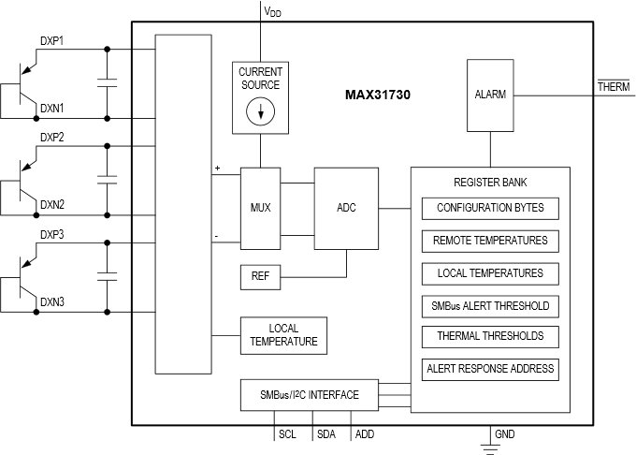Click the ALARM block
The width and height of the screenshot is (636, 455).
pyautogui.click(x=490, y=95)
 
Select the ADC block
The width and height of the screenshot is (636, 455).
pyautogui.click(x=345, y=208)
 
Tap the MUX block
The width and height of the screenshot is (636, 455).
pyautogui.click(x=261, y=208)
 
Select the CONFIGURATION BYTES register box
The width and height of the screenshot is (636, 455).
pyautogui.click(x=490, y=208)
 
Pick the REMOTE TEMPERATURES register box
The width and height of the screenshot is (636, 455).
pyautogui.click(x=490, y=241)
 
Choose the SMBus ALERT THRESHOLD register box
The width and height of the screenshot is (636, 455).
pyautogui.click(x=490, y=305)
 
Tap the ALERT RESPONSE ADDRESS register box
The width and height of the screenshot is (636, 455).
pyautogui.click(x=490, y=368)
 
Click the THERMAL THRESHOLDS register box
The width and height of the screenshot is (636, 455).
pyautogui.click(x=490, y=336)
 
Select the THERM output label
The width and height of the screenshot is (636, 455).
pyautogui.click(x=614, y=86)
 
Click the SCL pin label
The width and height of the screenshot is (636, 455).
pyautogui.click(x=287, y=434)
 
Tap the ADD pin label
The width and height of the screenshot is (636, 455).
pyautogui.click(x=365, y=434)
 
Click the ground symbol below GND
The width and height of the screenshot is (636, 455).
pyautogui.click(x=488, y=447)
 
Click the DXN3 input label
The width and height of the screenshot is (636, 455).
pyautogui.click(x=52, y=301)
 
